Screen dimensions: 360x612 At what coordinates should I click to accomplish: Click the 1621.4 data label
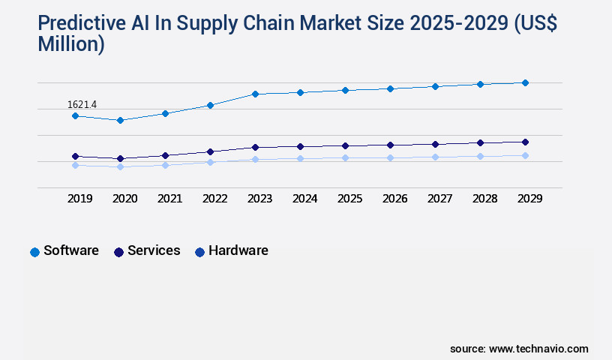click(x=82, y=104)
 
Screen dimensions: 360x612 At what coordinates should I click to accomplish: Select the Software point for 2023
click(x=255, y=94)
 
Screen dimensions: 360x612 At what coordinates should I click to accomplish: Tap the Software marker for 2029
click(x=525, y=82)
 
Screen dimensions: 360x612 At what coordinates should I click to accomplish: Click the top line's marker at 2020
click(x=120, y=120)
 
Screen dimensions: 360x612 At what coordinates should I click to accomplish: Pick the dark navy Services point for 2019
click(x=75, y=156)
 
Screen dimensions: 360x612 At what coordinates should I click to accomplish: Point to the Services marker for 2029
click(x=525, y=142)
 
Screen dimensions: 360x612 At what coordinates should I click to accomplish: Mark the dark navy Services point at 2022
click(x=210, y=151)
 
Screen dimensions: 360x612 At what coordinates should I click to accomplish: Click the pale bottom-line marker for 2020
click(x=120, y=166)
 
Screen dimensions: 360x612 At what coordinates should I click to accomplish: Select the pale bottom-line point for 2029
click(x=525, y=155)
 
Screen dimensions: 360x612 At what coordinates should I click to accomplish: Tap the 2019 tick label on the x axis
click(x=79, y=199)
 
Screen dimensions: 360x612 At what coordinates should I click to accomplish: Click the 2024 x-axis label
click(x=304, y=199)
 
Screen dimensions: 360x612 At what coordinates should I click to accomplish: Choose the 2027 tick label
click(x=439, y=199)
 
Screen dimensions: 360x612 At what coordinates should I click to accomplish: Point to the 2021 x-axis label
click(x=169, y=199)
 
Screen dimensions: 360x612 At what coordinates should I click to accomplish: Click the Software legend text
click(x=71, y=250)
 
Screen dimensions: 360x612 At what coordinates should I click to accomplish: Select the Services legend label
click(x=154, y=250)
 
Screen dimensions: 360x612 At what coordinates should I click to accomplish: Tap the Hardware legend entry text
click(x=238, y=250)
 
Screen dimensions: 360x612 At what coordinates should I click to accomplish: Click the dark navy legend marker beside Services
click(x=118, y=252)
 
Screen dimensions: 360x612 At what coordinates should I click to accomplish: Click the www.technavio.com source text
click(x=538, y=349)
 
